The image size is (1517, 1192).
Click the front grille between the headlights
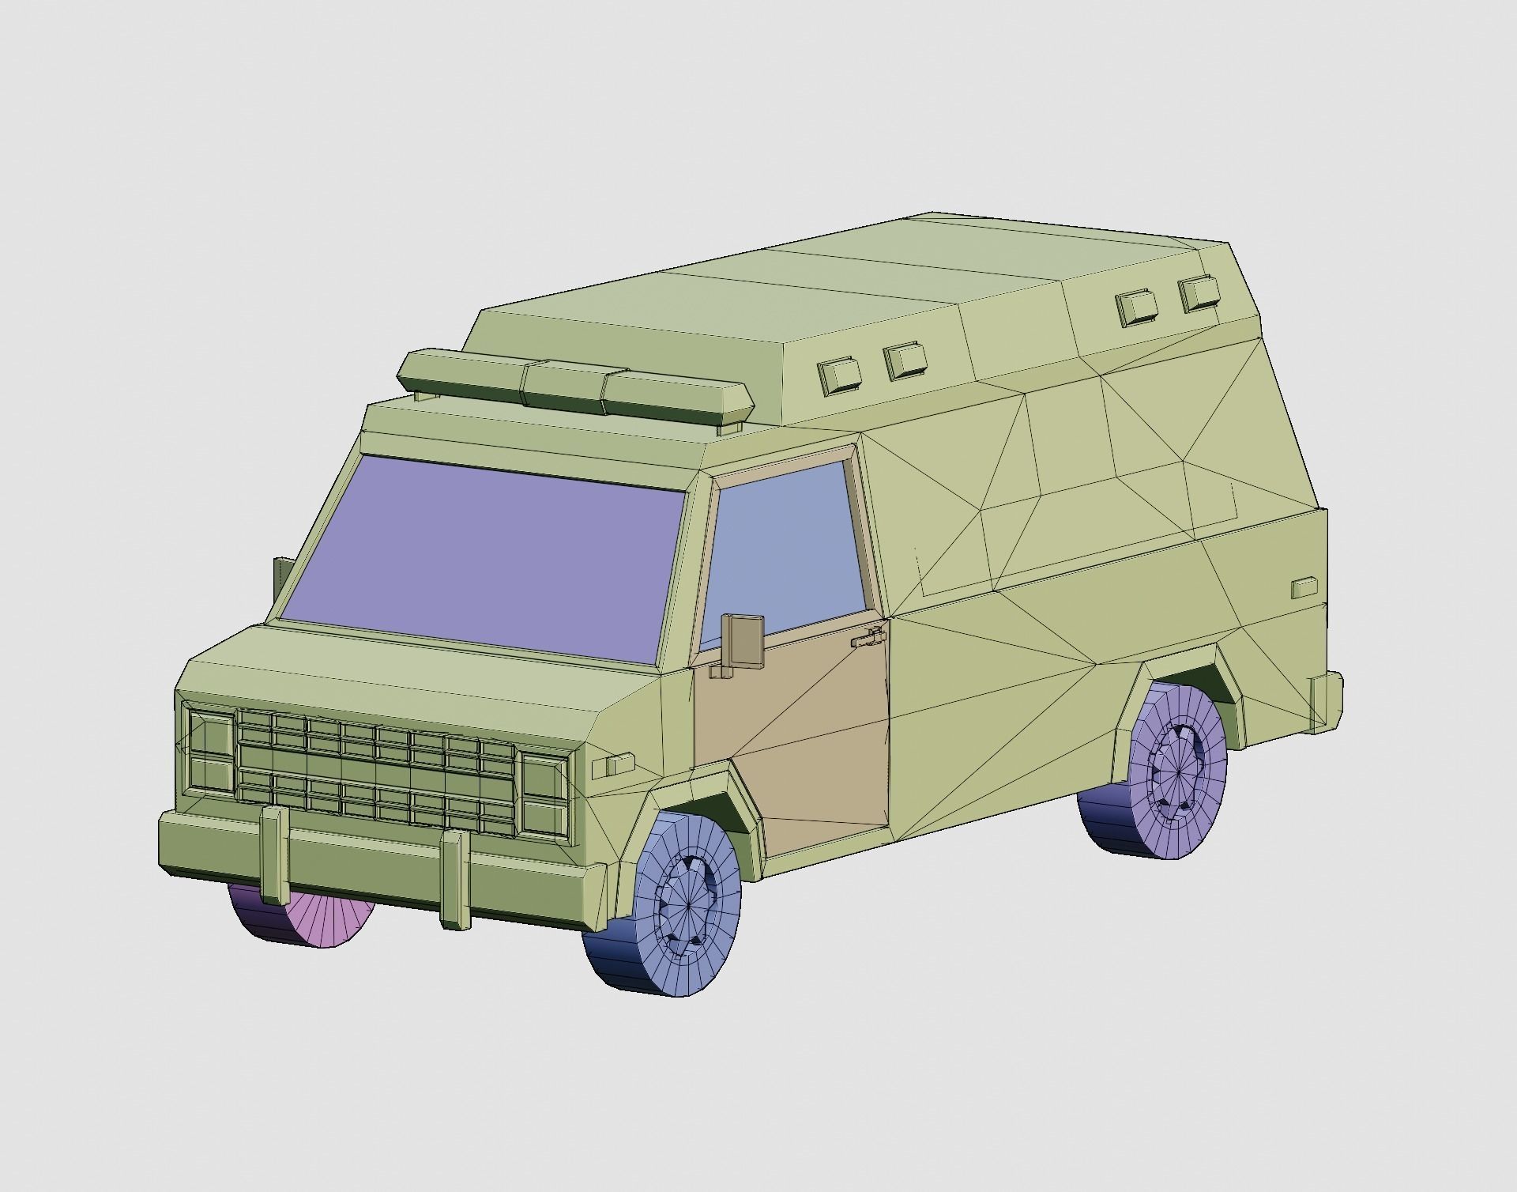click(376, 771)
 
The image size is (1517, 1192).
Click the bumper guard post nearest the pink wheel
click(273, 854)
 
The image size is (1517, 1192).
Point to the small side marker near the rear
click(1304, 587)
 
